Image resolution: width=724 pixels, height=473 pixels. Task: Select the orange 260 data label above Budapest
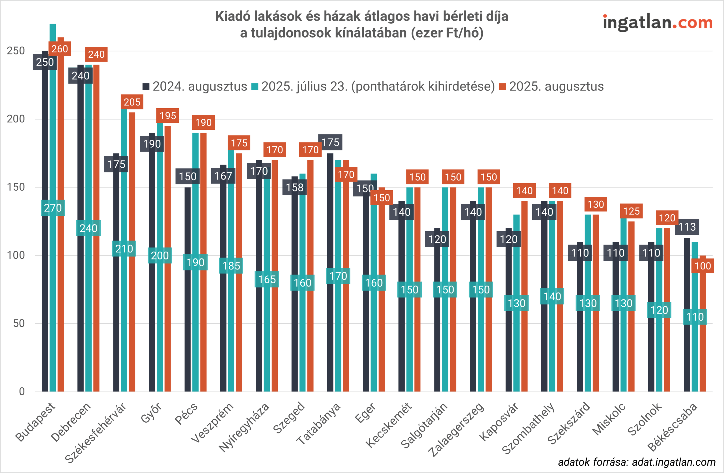60,49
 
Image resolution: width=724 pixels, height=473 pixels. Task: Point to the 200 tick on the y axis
16,119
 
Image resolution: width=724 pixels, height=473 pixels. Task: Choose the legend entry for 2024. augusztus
195,87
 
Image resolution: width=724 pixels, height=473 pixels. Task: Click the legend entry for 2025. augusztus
551,87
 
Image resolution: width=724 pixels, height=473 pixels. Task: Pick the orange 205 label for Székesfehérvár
132,102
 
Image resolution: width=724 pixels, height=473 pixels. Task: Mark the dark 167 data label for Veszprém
223,176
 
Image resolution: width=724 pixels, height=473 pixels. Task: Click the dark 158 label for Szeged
294,187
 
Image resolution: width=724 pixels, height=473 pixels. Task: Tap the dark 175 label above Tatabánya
330,142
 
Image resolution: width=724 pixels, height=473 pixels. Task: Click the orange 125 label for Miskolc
631,211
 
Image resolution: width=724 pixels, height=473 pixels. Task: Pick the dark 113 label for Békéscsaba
687,227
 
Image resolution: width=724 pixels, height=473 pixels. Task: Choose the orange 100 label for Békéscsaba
703,266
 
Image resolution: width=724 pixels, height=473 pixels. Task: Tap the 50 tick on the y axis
19,323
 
